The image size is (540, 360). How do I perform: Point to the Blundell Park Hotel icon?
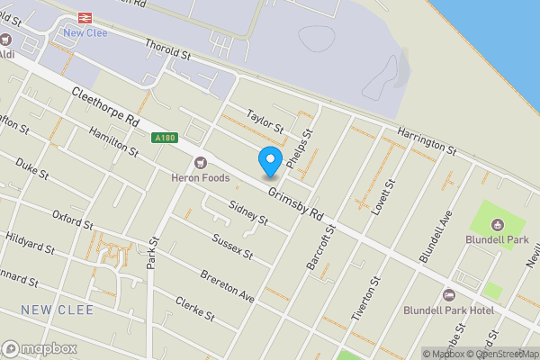pyautogui.click(x=449, y=295)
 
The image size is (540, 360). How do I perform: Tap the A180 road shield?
pyautogui.click(x=164, y=138)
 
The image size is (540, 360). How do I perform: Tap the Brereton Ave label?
pyautogui.click(x=228, y=285)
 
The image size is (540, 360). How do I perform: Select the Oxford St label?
pyautogui.click(x=72, y=219)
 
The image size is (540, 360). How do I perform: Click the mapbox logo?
pyautogui.click(x=40, y=348)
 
